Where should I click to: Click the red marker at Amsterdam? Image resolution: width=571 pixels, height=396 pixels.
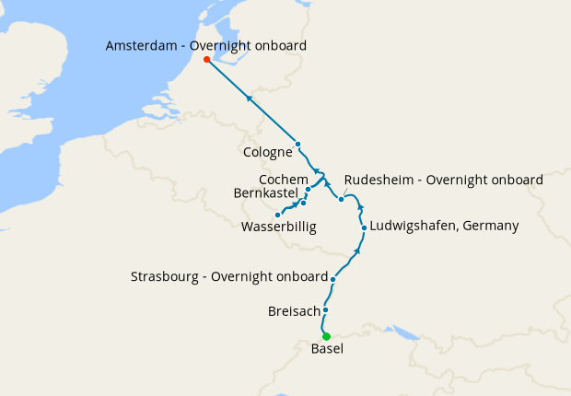[x=207, y=60]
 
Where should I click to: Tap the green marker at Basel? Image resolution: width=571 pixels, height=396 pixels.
[x=326, y=336]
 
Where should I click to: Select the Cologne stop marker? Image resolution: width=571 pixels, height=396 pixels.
[x=298, y=144]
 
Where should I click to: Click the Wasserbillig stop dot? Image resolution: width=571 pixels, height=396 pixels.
[x=278, y=215]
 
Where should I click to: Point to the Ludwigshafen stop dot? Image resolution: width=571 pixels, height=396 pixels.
[x=365, y=227]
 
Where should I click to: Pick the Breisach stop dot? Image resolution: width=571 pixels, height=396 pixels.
[x=325, y=310]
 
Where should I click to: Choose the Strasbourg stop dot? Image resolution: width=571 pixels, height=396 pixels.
[x=333, y=277]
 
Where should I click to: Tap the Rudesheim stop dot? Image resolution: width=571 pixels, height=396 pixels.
[x=341, y=199]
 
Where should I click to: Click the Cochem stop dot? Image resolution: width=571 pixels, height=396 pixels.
[x=309, y=189]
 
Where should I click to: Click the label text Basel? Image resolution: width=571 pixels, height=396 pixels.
[x=328, y=350]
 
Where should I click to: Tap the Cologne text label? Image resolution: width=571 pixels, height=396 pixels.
[x=268, y=152]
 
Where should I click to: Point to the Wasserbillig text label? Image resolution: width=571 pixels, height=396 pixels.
[x=278, y=227]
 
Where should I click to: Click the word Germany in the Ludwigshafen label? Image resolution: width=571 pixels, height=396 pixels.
[x=489, y=226]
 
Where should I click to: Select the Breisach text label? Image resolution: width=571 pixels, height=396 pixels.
[x=293, y=311]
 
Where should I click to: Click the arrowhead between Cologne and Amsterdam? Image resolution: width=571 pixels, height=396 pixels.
[x=250, y=98]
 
